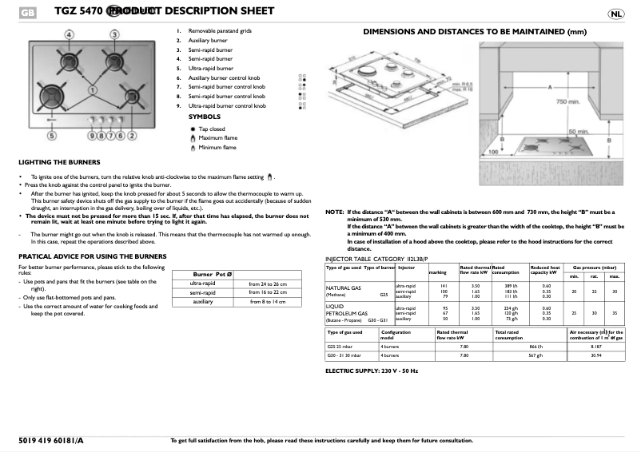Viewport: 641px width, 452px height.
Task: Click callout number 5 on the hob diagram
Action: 52,137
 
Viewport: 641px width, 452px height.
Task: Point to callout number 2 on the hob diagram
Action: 132,136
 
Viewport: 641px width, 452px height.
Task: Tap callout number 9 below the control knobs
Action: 92,136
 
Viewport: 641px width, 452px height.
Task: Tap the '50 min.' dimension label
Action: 578,130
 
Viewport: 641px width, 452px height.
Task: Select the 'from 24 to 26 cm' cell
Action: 267,283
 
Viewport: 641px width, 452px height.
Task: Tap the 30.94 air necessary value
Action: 595,355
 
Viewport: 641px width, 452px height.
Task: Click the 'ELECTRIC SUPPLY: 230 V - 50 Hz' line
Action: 371,371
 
